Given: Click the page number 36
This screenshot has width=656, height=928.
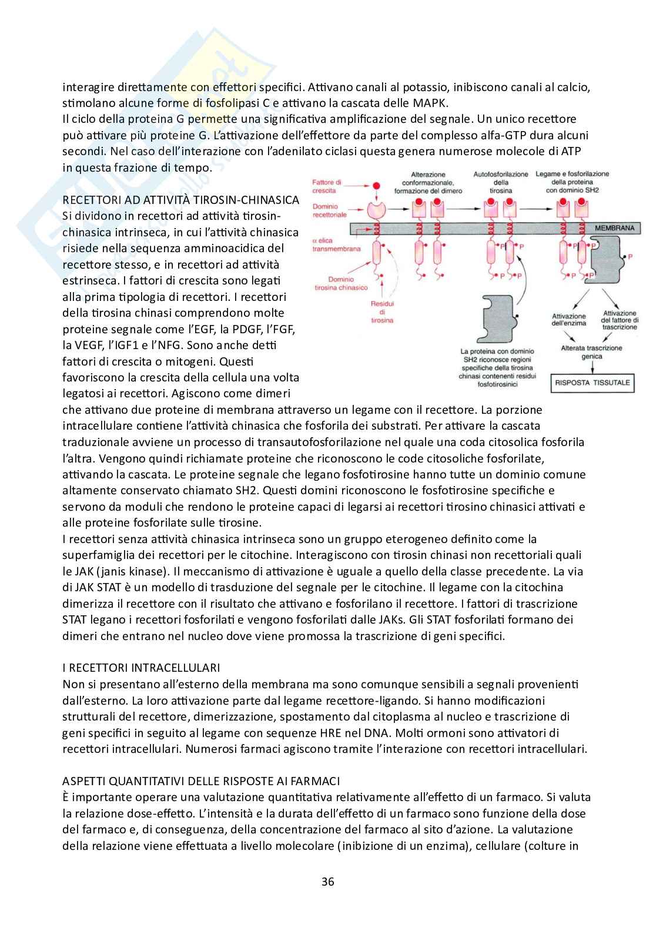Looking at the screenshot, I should (x=328, y=881).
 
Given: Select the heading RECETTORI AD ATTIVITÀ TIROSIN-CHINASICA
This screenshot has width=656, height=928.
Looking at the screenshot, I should (x=181, y=200).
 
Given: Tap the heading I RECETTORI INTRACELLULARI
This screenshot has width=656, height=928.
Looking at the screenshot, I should (x=141, y=668).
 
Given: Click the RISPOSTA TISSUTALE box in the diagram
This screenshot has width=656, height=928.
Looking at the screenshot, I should (x=593, y=383).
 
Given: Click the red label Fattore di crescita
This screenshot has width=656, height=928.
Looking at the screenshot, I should (x=327, y=186).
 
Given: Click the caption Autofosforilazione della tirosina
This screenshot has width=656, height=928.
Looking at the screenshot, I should (x=501, y=182).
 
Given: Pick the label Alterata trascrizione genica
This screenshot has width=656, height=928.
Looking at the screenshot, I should (x=591, y=352).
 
